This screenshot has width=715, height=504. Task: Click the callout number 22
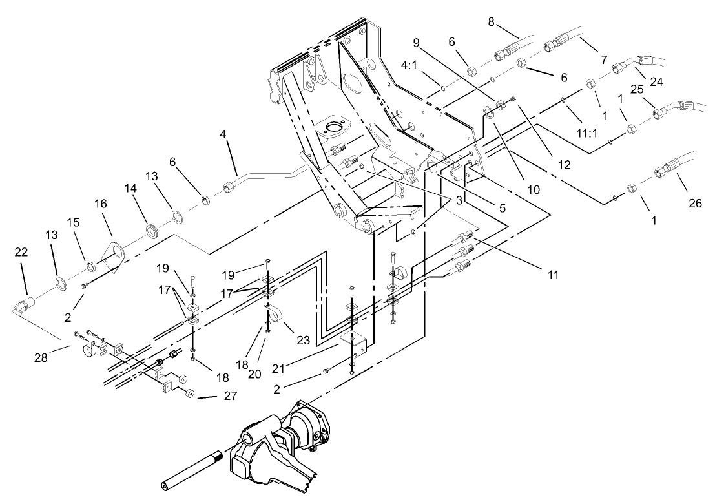click(21, 252)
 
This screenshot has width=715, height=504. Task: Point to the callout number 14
click(131, 188)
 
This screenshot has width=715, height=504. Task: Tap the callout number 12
click(564, 165)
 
